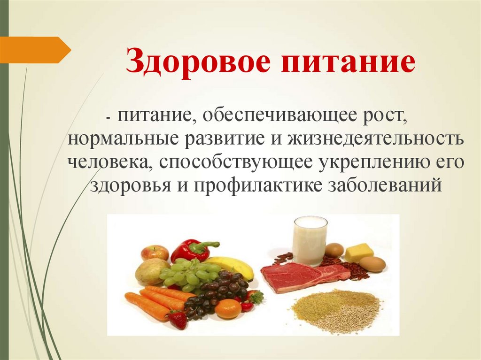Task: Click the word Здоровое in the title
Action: [198, 63]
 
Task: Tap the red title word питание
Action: [349, 63]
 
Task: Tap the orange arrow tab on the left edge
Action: [34, 49]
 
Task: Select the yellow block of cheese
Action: [359, 252]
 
